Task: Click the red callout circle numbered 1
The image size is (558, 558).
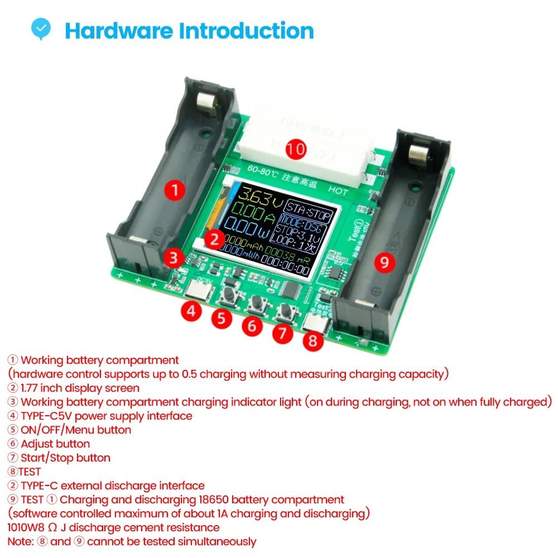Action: (175, 190)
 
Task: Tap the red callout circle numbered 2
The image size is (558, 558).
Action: (214, 239)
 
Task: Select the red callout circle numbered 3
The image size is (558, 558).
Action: (174, 258)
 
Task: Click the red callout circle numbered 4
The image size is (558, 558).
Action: (191, 311)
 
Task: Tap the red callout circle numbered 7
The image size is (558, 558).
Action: (282, 333)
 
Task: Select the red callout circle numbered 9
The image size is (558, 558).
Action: (384, 262)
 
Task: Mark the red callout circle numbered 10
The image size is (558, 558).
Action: (296, 149)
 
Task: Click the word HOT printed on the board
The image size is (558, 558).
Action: (338, 191)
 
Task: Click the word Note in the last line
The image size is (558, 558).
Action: (20, 541)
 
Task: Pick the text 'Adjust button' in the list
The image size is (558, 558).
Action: (55, 444)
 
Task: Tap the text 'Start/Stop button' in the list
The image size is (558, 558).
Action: (65, 458)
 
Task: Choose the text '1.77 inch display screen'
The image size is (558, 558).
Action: (80, 388)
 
